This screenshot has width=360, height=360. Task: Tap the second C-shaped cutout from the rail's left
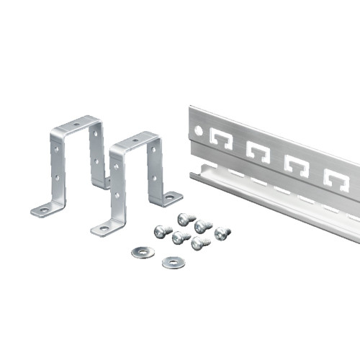point(257,150)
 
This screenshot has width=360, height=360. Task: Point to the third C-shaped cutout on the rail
point(295,164)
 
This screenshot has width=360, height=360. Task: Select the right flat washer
point(172,263)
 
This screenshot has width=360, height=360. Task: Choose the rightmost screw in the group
point(222,233)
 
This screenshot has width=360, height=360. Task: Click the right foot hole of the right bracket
point(170,195)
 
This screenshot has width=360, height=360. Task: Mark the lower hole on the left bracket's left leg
point(56,175)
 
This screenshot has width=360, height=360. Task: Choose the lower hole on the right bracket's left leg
point(116,193)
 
